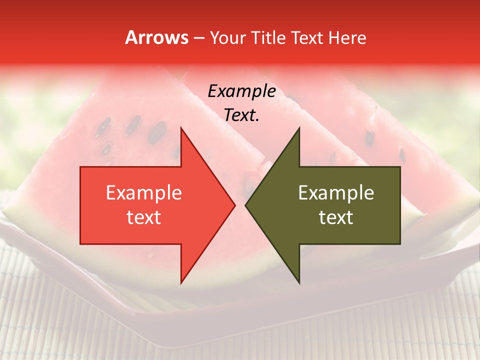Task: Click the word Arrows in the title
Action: point(156,38)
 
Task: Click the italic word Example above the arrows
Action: point(241,91)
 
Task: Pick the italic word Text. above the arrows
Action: point(241,115)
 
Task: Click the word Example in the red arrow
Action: point(143,193)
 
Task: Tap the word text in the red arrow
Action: point(143,217)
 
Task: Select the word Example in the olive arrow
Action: point(336,193)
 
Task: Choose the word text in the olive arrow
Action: point(336,217)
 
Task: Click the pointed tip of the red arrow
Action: point(235,205)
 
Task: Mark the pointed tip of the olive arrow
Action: point(245,205)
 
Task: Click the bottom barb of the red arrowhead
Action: point(181,283)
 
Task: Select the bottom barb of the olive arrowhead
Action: point(299,283)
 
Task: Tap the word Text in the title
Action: point(306,38)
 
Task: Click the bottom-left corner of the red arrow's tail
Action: point(80,244)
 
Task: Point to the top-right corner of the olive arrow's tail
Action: point(400,167)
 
